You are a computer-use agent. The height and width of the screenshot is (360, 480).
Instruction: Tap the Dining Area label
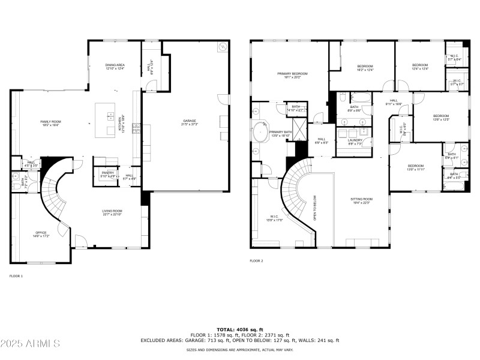tap(115, 67)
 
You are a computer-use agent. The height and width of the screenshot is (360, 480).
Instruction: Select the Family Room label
tap(50, 123)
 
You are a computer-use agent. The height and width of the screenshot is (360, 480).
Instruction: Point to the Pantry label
tap(107, 174)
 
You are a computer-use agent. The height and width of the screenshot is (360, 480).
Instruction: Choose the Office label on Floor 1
tap(41, 235)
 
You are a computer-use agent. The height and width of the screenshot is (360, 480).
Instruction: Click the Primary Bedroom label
tap(292, 76)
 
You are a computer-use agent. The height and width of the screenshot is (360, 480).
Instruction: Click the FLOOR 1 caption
tap(16, 276)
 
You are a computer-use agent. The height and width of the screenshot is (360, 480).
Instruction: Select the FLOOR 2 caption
tap(256, 261)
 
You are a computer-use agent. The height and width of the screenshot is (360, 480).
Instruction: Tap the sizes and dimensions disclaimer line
tap(239, 349)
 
